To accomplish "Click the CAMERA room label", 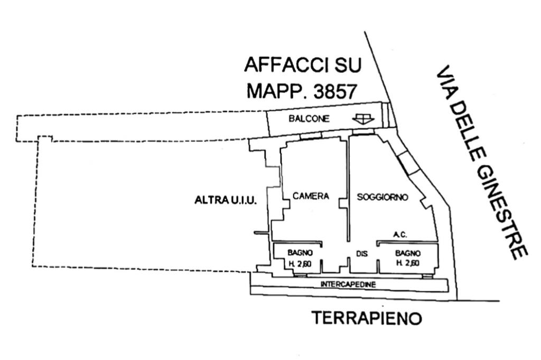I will tap(311, 196).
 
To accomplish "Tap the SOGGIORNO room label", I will tap(383, 197).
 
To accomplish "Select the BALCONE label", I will tap(309, 119).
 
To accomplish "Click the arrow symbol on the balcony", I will tap(363, 120).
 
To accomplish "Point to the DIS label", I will tap(361, 254).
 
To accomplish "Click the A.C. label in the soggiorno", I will tap(399, 234).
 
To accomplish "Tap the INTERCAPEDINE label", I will tap(348, 285).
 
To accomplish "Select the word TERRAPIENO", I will tap(366, 318).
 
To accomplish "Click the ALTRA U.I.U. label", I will tap(226, 200).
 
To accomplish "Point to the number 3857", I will tap(334, 91).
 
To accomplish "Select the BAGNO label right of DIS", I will tap(407, 253).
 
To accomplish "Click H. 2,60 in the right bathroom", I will tap(407, 262).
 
